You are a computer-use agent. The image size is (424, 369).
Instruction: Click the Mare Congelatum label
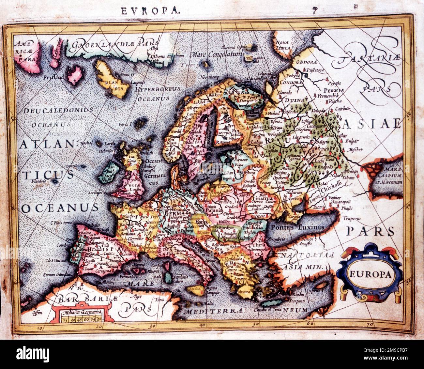click(217, 54)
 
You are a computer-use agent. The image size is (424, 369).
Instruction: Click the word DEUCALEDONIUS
click(58, 111)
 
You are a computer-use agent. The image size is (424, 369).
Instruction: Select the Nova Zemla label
click(283, 45)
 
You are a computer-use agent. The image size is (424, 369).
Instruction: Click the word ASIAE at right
click(371, 123)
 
